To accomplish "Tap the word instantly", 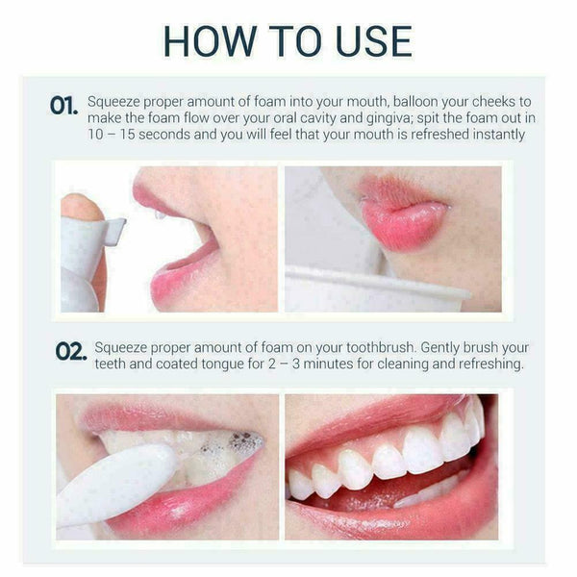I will [x=490, y=135].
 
